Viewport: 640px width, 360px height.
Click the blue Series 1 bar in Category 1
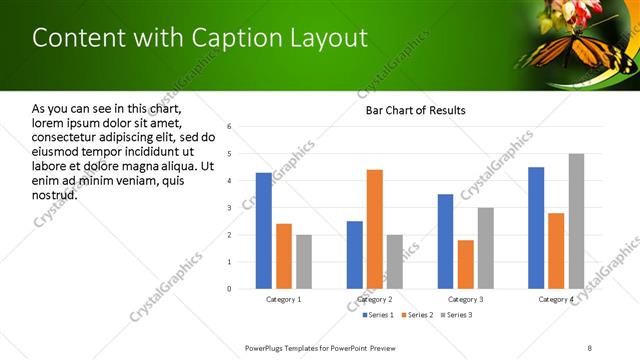pyautogui.click(x=264, y=231)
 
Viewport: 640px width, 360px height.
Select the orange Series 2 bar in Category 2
pyautogui.click(x=375, y=229)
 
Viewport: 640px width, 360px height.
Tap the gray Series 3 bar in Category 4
pyautogui.click(x=576, y=221)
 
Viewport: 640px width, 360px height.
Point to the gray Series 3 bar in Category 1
pyautogui.click(x=304, y=262)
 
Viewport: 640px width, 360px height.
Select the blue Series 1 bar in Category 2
pyautogui.click(x=355, y=255)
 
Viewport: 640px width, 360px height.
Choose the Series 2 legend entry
pyautogui.click(x=417, y=315)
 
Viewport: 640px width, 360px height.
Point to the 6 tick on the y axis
pyautogui.click(x=230, y=127)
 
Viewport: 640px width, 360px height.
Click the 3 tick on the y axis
pyautogui.click(x=230, y=208)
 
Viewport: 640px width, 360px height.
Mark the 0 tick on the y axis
pyautogui.click(x=230, y=289)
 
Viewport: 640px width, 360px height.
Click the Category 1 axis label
pyautogui.click(x=284, y=299)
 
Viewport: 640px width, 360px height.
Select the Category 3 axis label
pyautogui.click(x=466, y=299)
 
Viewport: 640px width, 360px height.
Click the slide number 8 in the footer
pyautogui.click(x=589, y=347)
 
